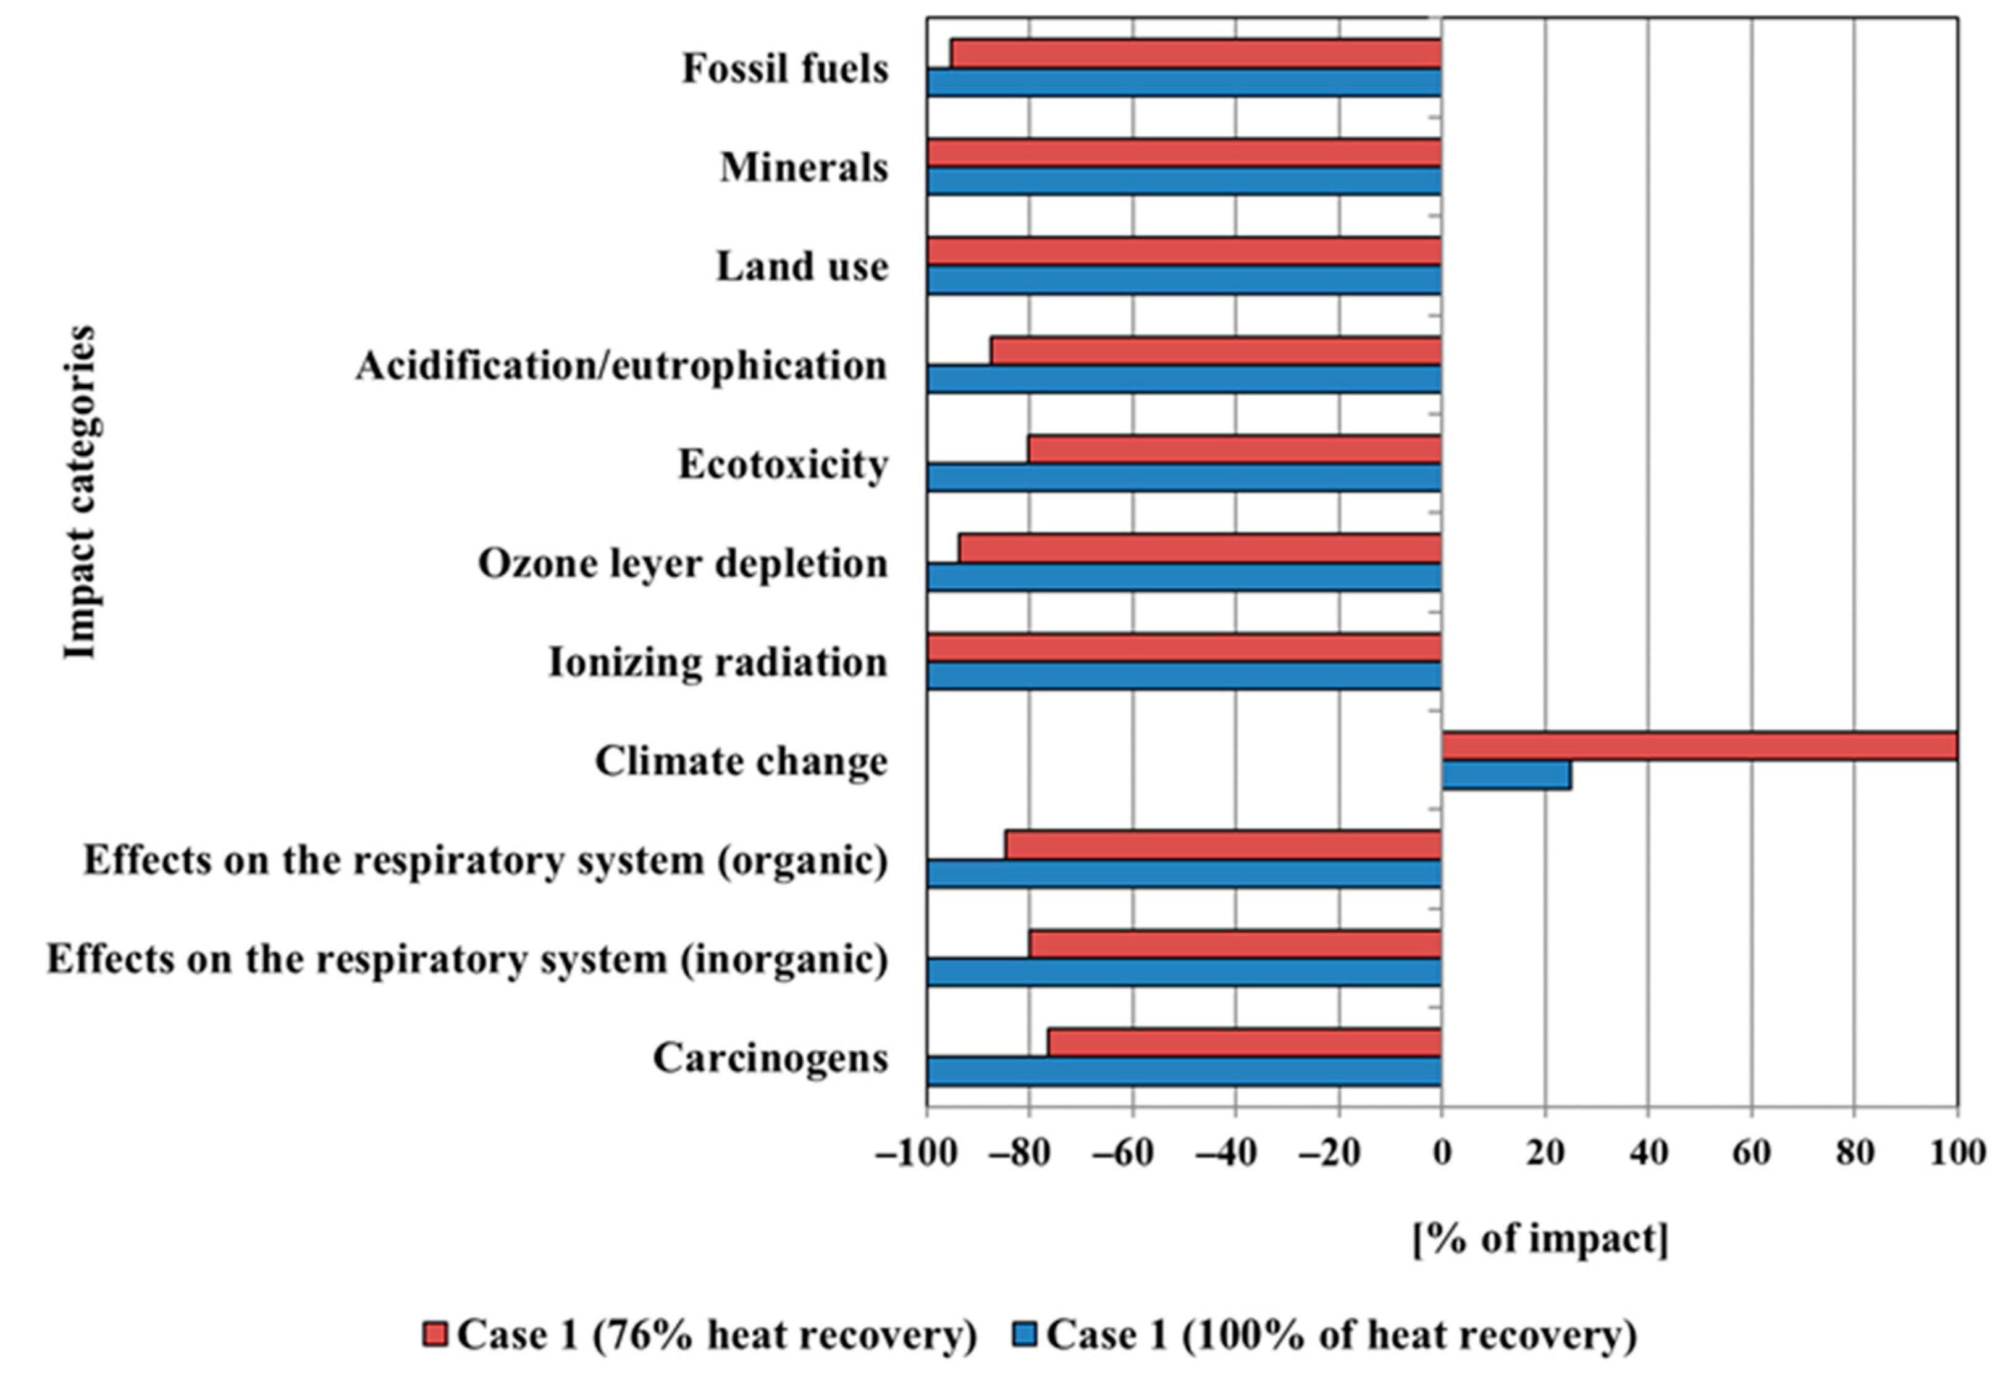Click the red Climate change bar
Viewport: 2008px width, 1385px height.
point(1699,747)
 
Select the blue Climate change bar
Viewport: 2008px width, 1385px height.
point(1506,775)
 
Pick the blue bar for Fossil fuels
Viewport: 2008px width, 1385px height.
point(1184,83)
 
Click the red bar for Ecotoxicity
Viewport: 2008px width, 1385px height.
point(1235,450)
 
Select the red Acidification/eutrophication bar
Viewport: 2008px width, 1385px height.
point(1216,351)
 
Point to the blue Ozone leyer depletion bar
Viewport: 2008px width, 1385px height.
point(1184,577)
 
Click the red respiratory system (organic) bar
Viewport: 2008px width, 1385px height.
point(1223,844)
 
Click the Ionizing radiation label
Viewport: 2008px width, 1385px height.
point(718,663)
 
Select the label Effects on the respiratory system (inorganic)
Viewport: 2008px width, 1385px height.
point(467,960)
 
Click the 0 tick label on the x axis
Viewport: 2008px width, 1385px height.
point(1442,1153)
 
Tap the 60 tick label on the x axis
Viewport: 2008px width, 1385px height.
point(1751,1153)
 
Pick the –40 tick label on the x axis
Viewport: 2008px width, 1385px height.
point(1225,1153)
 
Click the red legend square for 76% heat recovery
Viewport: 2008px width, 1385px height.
point(435,1334)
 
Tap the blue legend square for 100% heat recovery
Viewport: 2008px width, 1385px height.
point(1025,1334)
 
